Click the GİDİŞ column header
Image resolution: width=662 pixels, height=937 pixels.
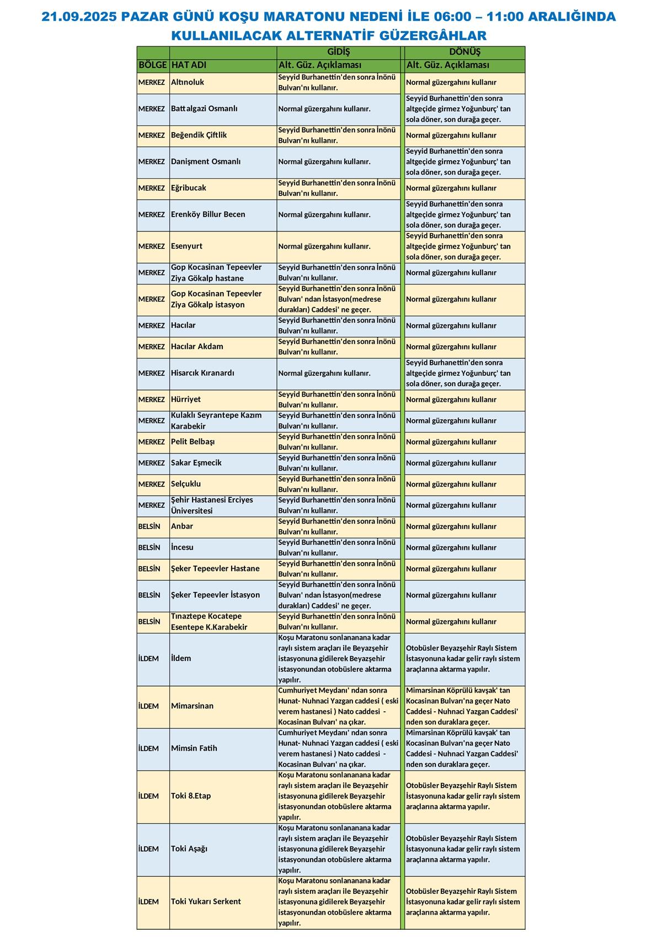point(339,52)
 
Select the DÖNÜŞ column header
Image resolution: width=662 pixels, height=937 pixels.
point(465,52)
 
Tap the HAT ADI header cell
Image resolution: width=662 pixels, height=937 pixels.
point(189,65)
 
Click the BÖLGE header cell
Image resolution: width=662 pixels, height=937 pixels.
point(153,65)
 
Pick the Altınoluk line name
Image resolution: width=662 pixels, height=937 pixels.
point(188,82)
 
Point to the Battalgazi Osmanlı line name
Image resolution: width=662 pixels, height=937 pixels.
point(204,109)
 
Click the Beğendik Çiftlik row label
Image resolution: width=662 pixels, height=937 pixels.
point(199,135)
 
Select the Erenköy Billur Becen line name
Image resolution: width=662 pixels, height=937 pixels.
point(208,214)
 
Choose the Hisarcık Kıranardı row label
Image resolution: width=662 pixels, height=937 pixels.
point(202,373)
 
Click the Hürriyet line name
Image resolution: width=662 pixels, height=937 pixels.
point(186,400)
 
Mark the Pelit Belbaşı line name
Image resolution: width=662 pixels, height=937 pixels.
point(193,442)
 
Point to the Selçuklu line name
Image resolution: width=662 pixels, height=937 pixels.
point(186,484)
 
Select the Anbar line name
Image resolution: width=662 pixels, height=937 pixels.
point(182,526)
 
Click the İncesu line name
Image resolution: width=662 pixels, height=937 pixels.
point(182,548)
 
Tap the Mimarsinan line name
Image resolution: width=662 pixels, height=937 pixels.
point(192,706)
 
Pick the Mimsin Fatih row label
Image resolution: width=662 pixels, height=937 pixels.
point(194,749)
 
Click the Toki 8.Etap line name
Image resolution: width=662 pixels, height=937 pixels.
point(191,796)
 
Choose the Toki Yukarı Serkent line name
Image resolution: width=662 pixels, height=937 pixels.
point(206,902)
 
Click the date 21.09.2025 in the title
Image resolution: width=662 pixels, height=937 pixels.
point(79,17)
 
